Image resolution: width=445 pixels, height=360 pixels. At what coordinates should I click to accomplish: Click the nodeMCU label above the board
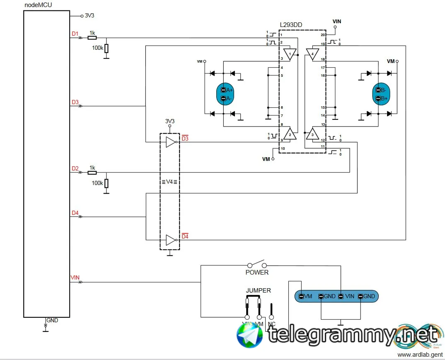[x=39, y=5]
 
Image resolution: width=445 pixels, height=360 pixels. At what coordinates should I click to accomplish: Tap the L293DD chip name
[x=291, y=25]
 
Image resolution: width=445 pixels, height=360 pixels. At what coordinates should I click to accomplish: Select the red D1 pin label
[x=75, y=34]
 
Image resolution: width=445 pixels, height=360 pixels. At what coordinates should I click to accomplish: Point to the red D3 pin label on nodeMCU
[x=75, y=102]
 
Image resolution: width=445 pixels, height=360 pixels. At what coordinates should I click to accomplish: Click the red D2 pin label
[x=75, y=168]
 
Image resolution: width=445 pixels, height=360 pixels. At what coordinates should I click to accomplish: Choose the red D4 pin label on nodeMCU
[x=75, y=213]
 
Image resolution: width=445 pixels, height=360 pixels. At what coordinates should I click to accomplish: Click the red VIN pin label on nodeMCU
[x=75, y=277]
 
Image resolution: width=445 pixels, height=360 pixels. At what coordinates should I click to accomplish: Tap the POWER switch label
[x=257, y=272]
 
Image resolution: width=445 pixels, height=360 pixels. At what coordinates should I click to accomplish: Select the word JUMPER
[x=258, y=291]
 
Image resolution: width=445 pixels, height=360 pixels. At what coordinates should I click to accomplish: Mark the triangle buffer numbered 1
[x=290, y=54]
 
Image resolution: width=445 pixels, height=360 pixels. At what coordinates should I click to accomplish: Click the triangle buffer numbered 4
[x=312, y=54]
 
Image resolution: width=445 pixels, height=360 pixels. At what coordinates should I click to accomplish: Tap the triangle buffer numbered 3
[x=312, y=134]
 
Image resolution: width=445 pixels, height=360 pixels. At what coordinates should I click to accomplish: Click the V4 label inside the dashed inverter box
[x=169, y=182]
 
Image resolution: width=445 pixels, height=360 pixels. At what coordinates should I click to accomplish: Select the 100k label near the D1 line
[x=98, y=48]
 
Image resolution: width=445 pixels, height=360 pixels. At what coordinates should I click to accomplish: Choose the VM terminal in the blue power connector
[x=306, y=296]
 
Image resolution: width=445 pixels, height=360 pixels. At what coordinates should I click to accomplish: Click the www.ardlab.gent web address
[x=419, y=355]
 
